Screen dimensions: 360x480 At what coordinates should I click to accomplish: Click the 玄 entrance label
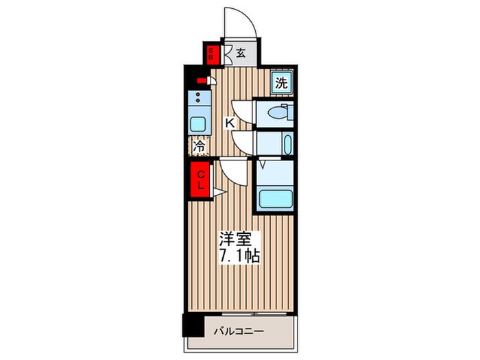[x=242, y=52]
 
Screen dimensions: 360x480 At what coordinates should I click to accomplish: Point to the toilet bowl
[x=277, y=115]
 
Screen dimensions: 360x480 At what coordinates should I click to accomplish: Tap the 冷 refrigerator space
[x=200, y=145]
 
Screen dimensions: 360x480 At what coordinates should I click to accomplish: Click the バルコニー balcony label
[x=238, y=331]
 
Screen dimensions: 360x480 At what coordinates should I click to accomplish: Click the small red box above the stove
[x=200, y=81]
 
